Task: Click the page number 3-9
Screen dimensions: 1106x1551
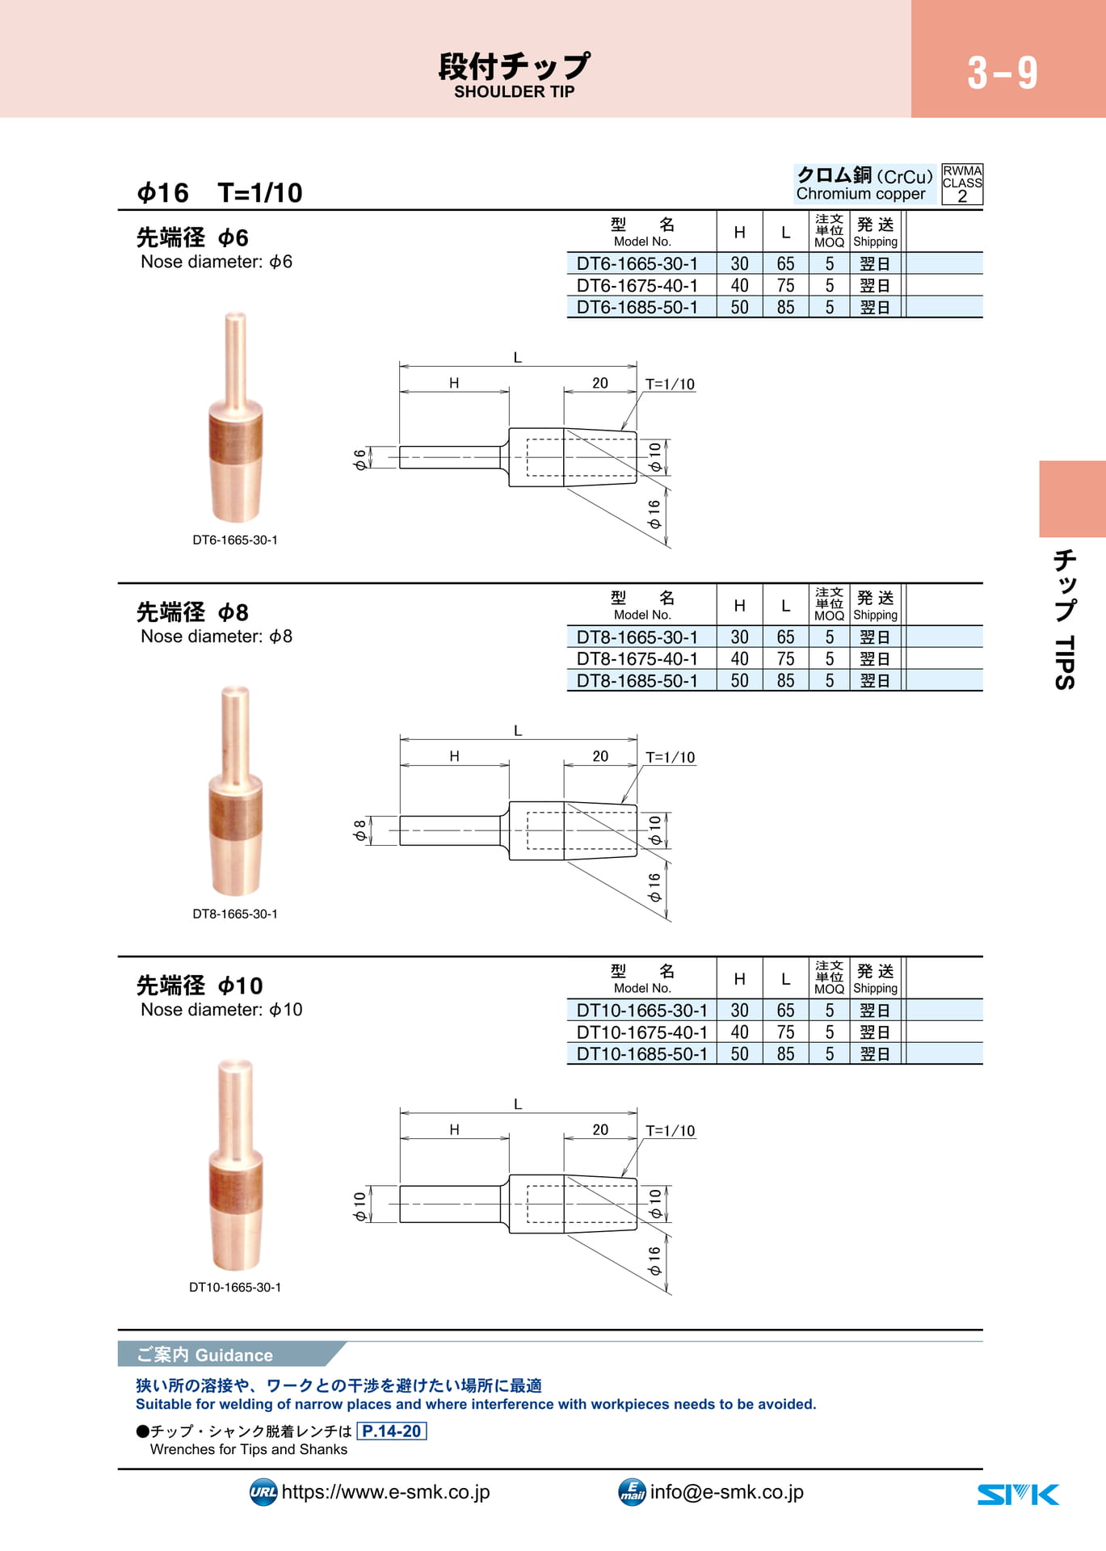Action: point(1002,73)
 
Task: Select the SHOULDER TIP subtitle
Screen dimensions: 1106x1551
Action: point(514,92)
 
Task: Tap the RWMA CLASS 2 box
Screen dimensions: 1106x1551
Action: point(962,184)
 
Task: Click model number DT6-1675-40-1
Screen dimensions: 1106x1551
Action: point(637,285)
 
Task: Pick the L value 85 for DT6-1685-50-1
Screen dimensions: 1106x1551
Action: point(785,307)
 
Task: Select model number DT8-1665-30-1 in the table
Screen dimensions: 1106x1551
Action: point(637,637)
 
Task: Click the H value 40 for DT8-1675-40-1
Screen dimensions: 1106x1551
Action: point(739,659)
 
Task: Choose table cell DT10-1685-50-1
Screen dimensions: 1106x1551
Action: point(641,1054)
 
